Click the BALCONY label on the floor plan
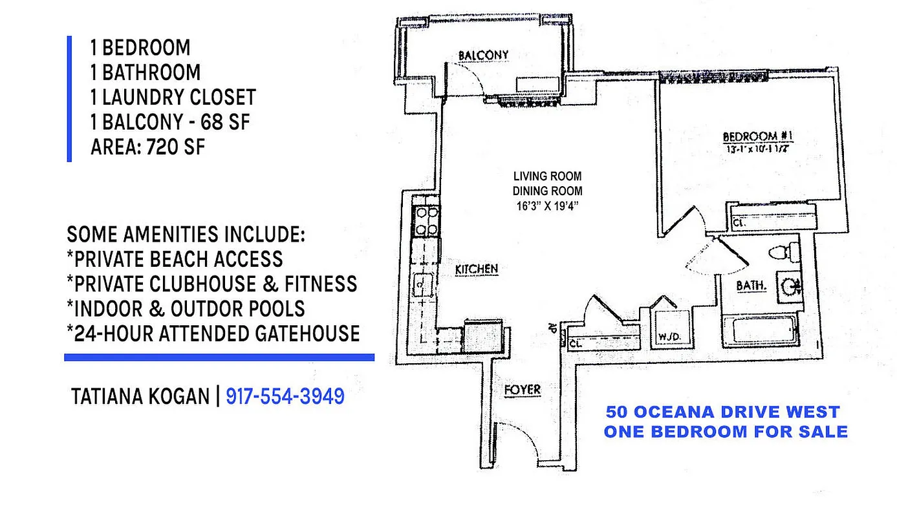click(x=483, y=56)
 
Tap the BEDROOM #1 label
click(x=757, y=136)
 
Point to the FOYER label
click(x=522, y=390)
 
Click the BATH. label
click(x=751, y=285)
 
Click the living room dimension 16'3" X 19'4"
click(x=547, y=206)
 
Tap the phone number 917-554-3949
click(x=285, y=396)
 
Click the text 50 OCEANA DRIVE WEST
click(x=722, y=412)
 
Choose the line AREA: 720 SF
click(x=147, y=147)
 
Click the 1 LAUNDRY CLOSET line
click(x=173, y=97)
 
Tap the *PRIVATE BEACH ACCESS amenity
click(x=175, y=258)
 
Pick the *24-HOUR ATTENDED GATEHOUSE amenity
click(x=213, y=333)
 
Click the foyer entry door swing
click(x=514, y=439)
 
